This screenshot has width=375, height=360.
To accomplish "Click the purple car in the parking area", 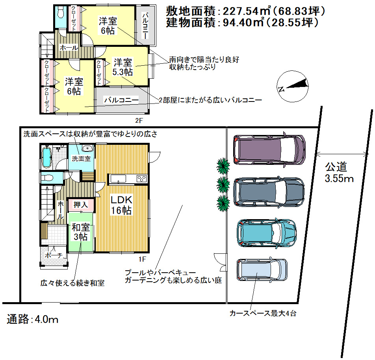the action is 269,150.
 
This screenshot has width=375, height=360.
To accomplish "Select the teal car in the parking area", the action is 267,233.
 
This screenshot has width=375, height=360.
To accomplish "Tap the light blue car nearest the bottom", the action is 262,270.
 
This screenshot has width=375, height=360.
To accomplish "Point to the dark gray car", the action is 269,192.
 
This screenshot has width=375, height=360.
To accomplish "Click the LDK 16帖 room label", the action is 121,205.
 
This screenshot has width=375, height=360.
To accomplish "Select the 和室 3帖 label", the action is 81,232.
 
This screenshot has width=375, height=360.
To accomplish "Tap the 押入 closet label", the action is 81,205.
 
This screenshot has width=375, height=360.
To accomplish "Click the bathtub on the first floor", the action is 46,157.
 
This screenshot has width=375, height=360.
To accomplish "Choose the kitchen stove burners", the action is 141,179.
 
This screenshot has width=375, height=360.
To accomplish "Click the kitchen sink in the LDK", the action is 118,179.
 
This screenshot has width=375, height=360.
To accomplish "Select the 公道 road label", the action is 336,167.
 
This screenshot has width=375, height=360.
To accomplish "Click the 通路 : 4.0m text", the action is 33,319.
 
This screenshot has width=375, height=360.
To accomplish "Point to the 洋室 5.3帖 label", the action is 123,67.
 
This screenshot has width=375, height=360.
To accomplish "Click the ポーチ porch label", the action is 54,255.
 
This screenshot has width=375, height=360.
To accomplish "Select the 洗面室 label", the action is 81,159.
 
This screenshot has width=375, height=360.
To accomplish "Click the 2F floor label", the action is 139,121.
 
